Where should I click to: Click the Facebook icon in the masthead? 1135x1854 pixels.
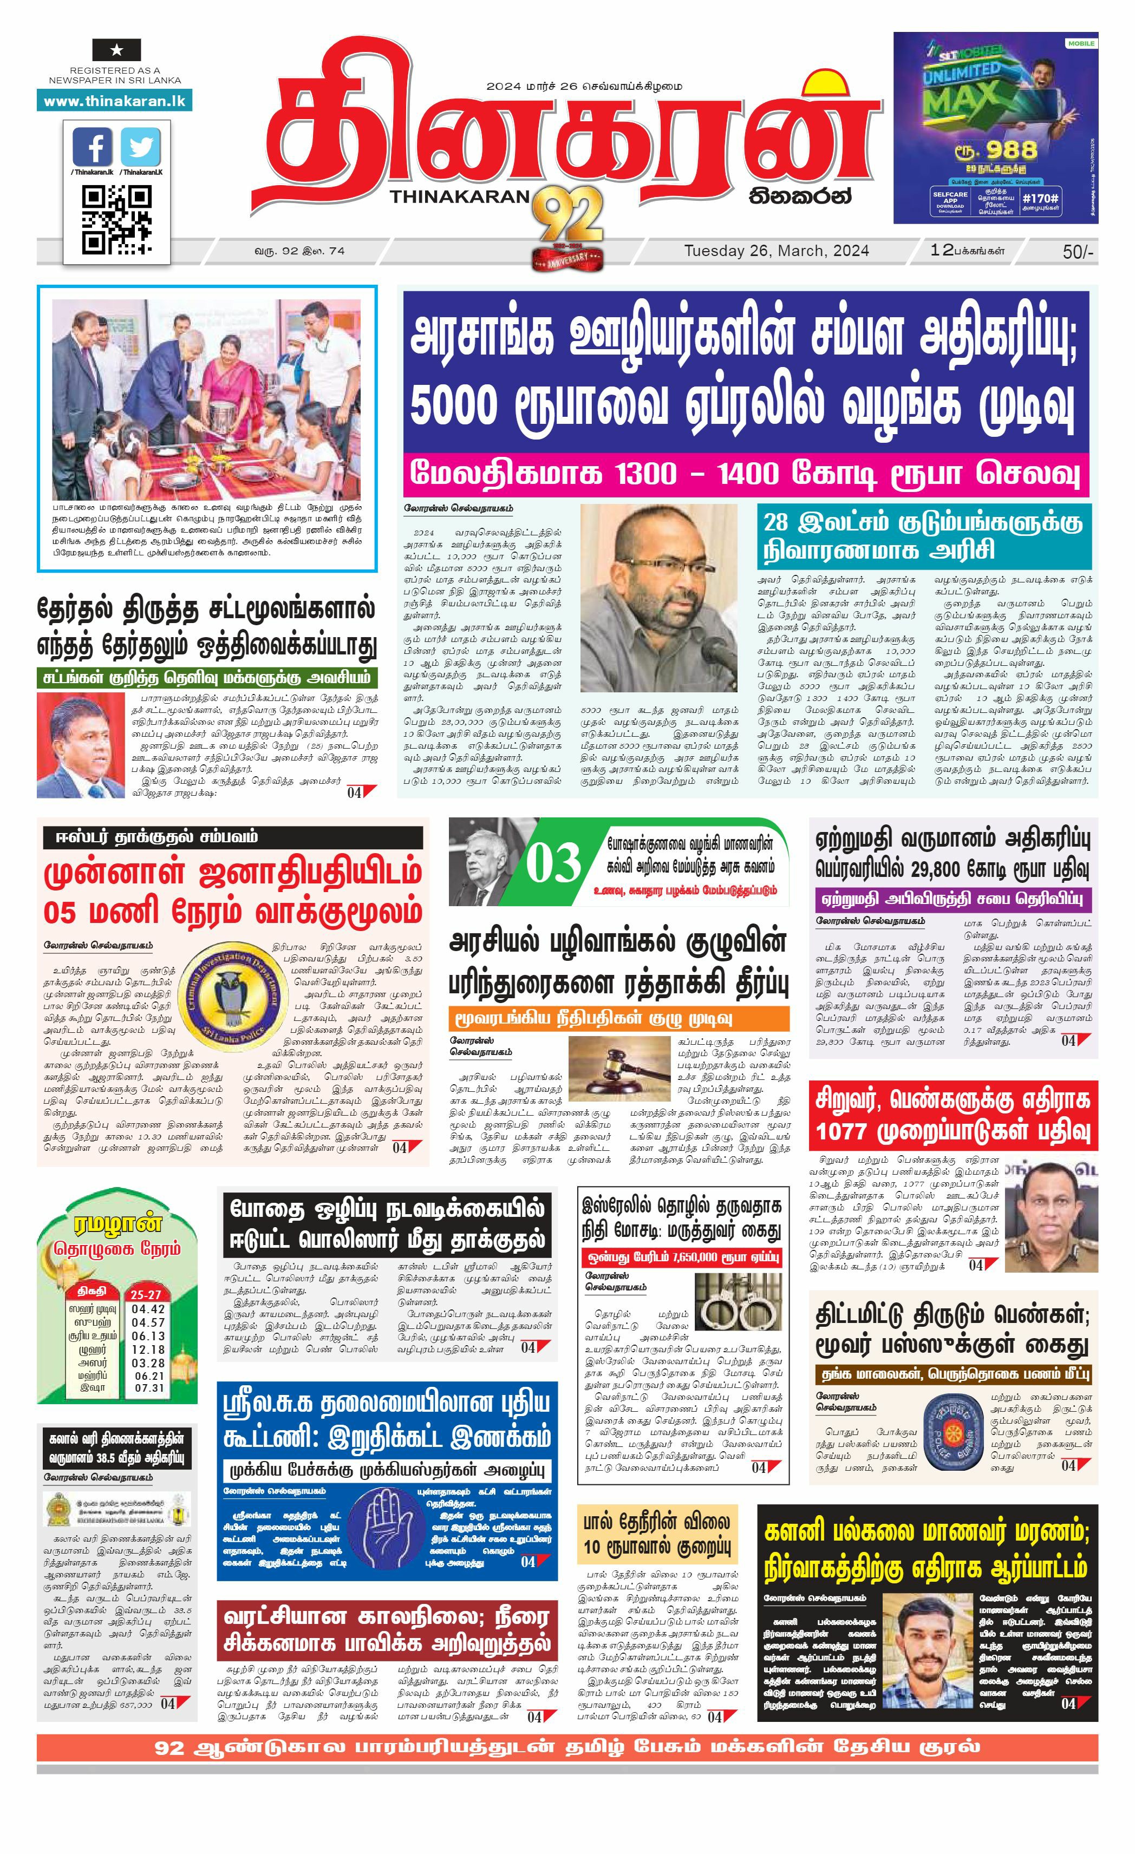(x=93, y=147)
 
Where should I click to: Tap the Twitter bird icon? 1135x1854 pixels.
(x=141, y=147)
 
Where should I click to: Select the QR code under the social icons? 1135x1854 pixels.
(x=116, y=220)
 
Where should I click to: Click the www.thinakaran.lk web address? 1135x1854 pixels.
(x=114, y=101)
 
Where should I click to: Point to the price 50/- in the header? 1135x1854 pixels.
(x=1077, y=252)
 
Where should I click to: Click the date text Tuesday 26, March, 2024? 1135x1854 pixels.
(x=776, y=251)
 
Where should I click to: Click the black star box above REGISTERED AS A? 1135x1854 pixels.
(x=116, y=50)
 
